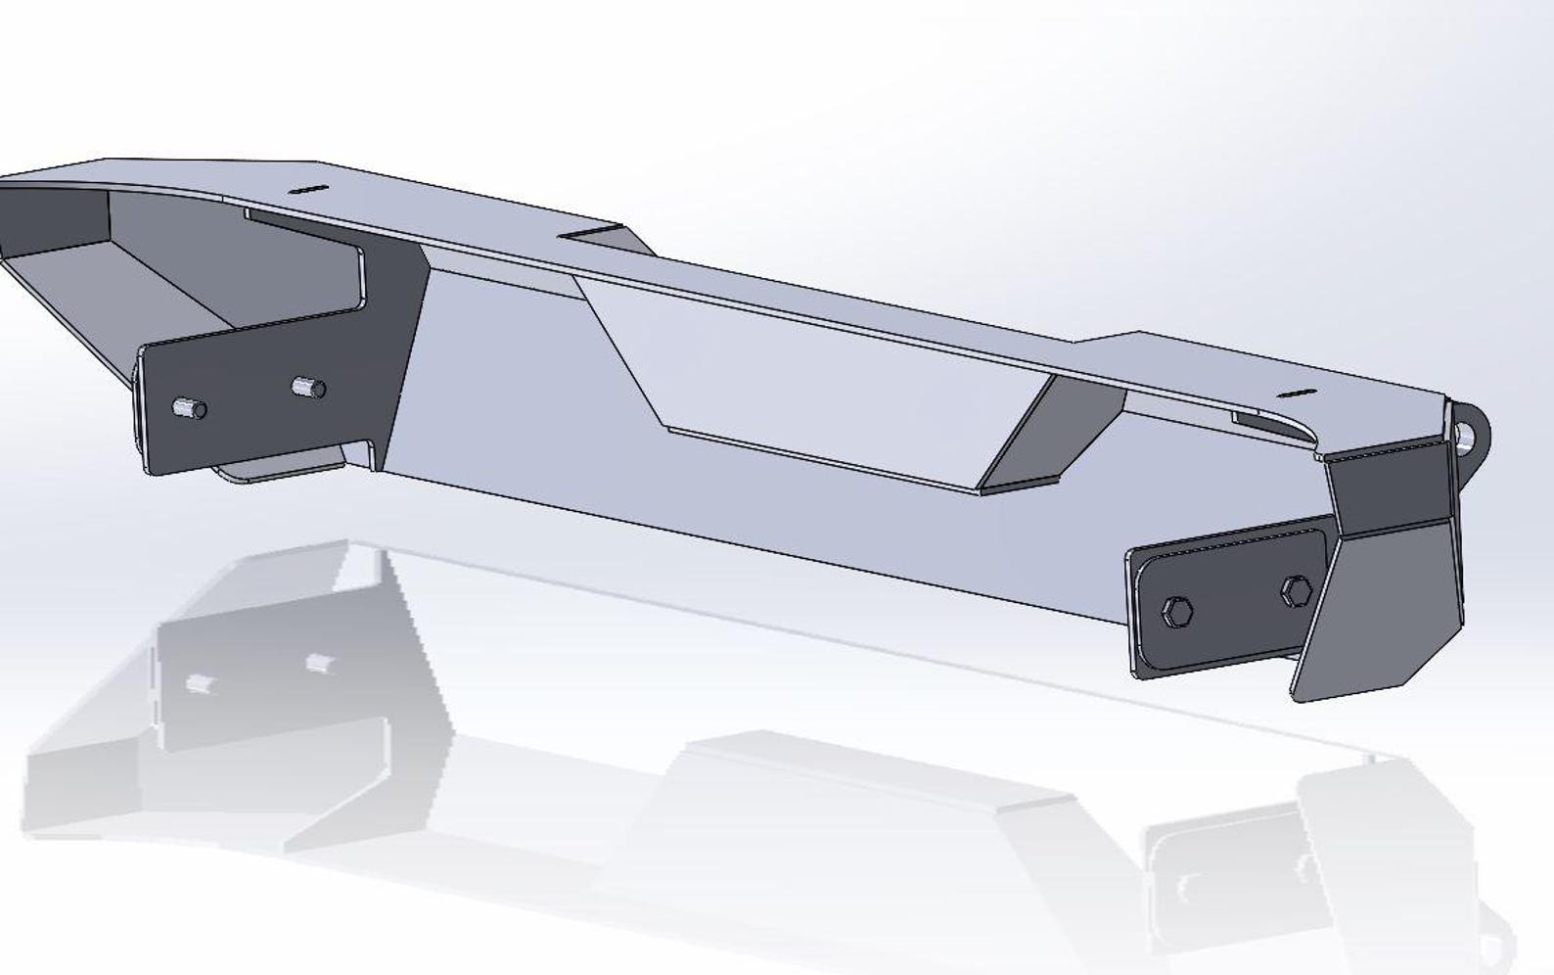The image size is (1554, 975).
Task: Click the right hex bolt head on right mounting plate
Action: pyautogui.click(x=1296, y=590)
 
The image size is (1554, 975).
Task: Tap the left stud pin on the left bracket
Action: pyautogui.click(x=187, y=406)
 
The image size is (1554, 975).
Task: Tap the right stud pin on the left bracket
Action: pyautogui.click(x=308, y=388)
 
